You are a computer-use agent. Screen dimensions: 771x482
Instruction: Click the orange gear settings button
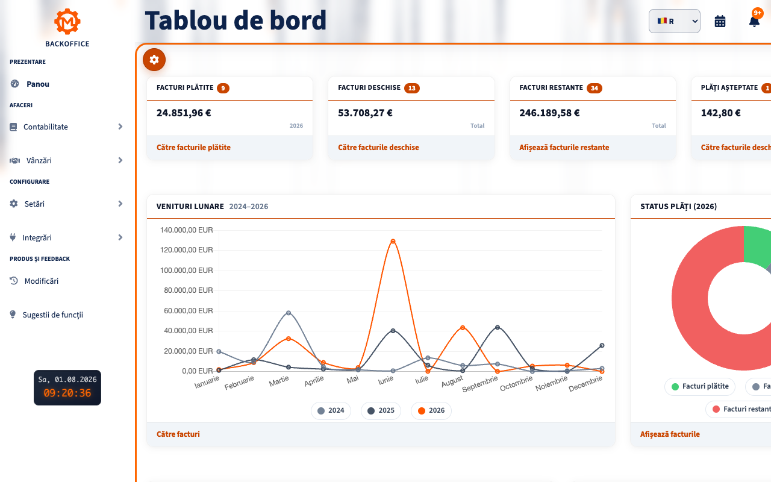click(154, 60)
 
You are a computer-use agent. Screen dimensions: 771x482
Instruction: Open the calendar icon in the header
click(720, 21)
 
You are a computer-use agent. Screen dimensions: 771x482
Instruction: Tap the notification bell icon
click(754, 21)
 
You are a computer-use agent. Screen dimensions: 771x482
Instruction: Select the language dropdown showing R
click(674, 21)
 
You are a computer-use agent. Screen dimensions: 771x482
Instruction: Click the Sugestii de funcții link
click(52, 315)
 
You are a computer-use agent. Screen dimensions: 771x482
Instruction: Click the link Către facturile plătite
click(193, 148)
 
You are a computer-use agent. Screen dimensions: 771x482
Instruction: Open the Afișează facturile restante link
click(564, 148)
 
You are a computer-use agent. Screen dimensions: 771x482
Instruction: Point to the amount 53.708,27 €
click(365, 113)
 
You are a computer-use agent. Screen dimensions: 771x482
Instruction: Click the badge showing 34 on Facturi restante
click(595, 88)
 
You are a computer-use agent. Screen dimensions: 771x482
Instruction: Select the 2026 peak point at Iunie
click(393, 242)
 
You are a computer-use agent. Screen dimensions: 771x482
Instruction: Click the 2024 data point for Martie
click(289, 313)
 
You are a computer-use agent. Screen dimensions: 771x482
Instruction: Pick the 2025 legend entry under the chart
click(381, 410)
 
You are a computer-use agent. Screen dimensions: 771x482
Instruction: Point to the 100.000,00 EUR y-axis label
click(187, 271)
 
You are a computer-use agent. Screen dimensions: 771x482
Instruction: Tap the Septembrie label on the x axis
click(480, 384)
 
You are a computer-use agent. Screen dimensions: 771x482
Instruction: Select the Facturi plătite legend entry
click(700, 386)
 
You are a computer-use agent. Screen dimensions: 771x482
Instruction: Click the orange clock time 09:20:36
click(67, 393)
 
